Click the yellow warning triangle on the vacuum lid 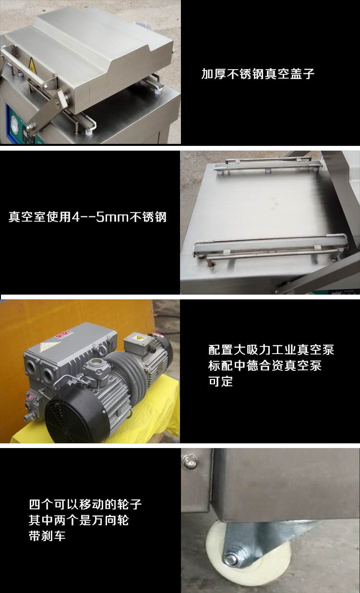(x=33, y=64)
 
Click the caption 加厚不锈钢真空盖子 (x=258, y=74)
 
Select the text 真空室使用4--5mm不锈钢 (x=87, y=216)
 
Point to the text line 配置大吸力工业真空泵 (x=271, y=349)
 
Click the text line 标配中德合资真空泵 (x=265, y=366)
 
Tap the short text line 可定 (x=220, y=382)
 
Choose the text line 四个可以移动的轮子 (x=85, y=504)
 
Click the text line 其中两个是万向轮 (x=79, y=520)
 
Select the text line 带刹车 (x=47, y=536)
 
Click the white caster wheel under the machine (x=240, y=554)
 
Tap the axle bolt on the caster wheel (x=230, y=559)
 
